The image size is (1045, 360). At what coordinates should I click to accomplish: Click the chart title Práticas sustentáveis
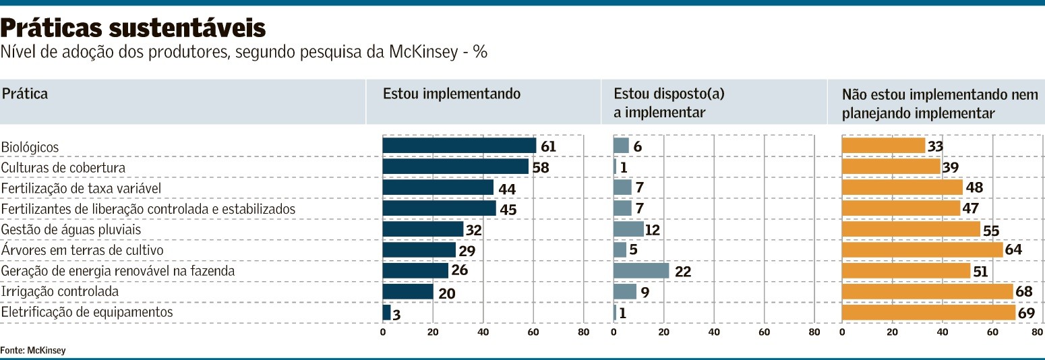tap(133, 28)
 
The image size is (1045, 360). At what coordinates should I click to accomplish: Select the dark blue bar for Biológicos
tap(459, 146)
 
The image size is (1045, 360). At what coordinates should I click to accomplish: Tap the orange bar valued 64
tap(922, 250)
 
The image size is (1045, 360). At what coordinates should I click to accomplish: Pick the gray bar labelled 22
tap(641, 271)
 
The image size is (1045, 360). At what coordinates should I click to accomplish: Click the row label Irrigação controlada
tap(60, 292)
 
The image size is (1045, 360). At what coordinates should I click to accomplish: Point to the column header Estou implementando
tap(452, 94)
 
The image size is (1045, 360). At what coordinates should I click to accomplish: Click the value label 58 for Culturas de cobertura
tap(541, 167)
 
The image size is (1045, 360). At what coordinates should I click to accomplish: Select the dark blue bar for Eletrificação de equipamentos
tap(386, 313)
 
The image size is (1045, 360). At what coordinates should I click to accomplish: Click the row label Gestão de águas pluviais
tap(71, 229)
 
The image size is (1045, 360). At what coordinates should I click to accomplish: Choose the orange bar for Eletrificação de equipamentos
tap(928, 313)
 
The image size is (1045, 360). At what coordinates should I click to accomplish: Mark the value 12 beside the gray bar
tap(652, 230)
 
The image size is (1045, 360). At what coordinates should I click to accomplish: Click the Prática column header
tap(25, 94)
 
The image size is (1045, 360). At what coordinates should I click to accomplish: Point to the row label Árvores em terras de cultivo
tap(83, 250)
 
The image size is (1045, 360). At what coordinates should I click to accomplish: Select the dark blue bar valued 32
tap(423, 229)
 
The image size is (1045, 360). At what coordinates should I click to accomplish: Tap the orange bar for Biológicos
tap(883, 146)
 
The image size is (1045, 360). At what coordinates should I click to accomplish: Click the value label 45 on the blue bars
tap(508, 209)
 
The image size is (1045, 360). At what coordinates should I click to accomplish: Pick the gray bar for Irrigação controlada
tap(625, 292)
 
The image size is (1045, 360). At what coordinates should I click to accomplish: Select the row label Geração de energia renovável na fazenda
tap(118, 271)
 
